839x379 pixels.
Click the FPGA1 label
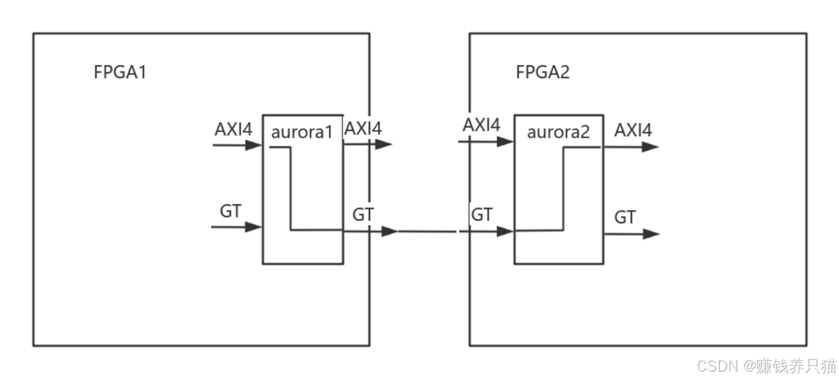tap(120, 72)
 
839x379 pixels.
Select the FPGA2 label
tap(542, 72)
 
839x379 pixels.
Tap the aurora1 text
tap(302, 132)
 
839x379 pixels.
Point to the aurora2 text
tap(558, 132)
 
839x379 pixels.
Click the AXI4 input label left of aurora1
tap(233, 128)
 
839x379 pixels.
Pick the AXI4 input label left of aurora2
tap(481, 125)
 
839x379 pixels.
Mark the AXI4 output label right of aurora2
tap(633, 130)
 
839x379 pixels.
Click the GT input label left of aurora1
tap(230, 211)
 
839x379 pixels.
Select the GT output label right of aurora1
tap(363, 214)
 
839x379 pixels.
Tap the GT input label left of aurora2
tap(481, 214)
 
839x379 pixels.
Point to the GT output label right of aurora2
tap(625, 217)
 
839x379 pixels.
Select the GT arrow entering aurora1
tap(237, 227)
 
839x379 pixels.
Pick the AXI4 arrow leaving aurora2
tap(630, 147)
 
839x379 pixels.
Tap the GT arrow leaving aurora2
tap(631, 234)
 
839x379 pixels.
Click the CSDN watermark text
tap(765, 365)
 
